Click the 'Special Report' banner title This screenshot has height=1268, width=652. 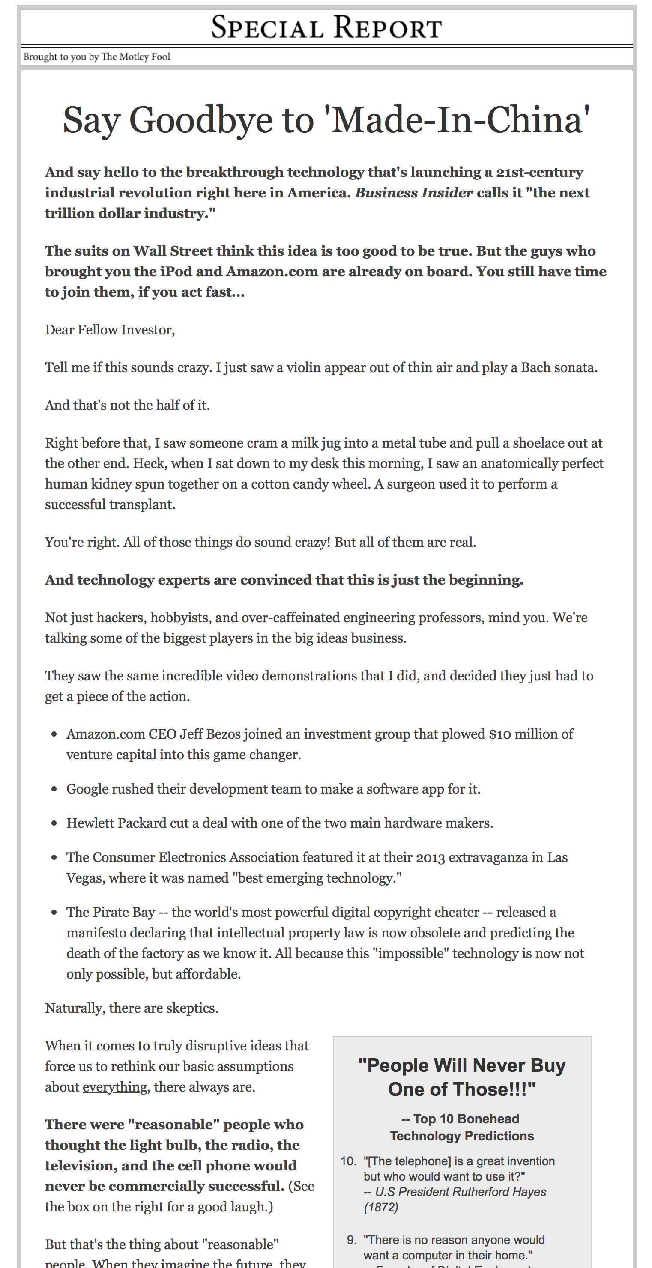pyautogui.click(x=326, y=27)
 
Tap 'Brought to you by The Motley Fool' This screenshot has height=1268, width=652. pyautogui.click(x=96, y=57)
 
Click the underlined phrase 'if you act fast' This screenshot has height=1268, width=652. pyautogui.click(x=185, y=292)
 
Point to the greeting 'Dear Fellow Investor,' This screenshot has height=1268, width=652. pyautogui.click(x=110, y=330)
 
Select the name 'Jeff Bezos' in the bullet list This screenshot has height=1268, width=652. pyautogui.click(x=210, y=734)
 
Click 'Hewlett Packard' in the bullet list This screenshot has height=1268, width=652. pyautogui.click(x=116, y=823)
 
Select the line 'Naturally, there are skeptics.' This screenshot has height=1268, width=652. pyautogui.click(x=132, y=1008)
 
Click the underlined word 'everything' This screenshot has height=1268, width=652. pyautogui.click(x=115, y=1087)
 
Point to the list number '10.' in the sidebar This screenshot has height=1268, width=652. pyautogui.click(x=348, y=1161)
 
